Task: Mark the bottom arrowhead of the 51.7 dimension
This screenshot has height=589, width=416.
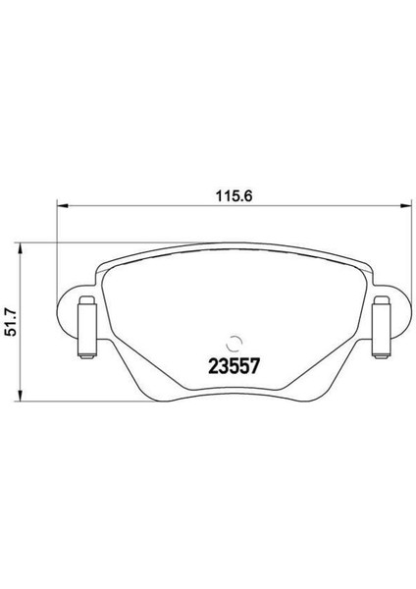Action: (x=24, y=395)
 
